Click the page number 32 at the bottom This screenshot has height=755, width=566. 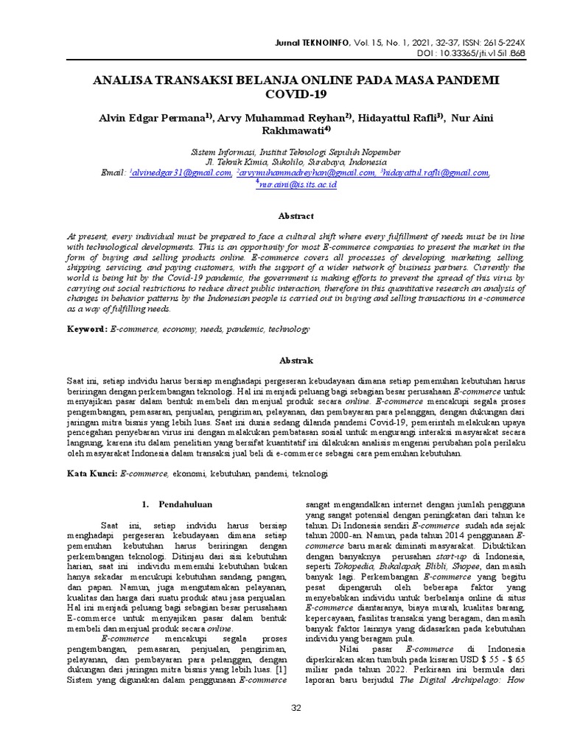pyautogui.click(x=297, y=709)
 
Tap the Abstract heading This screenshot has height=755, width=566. pyautogui.click(x=296, y=216)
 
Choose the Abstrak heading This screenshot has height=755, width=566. pyautogui.click(x=296, y=361)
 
